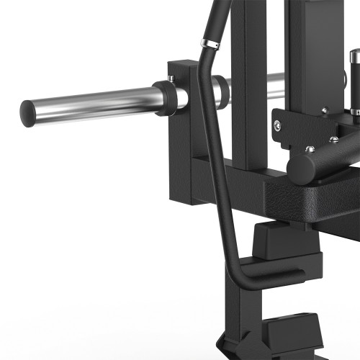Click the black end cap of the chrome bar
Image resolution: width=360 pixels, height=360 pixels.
click(x=27, y=112)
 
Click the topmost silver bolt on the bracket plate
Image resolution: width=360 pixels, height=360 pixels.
click(x=324, y=110)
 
